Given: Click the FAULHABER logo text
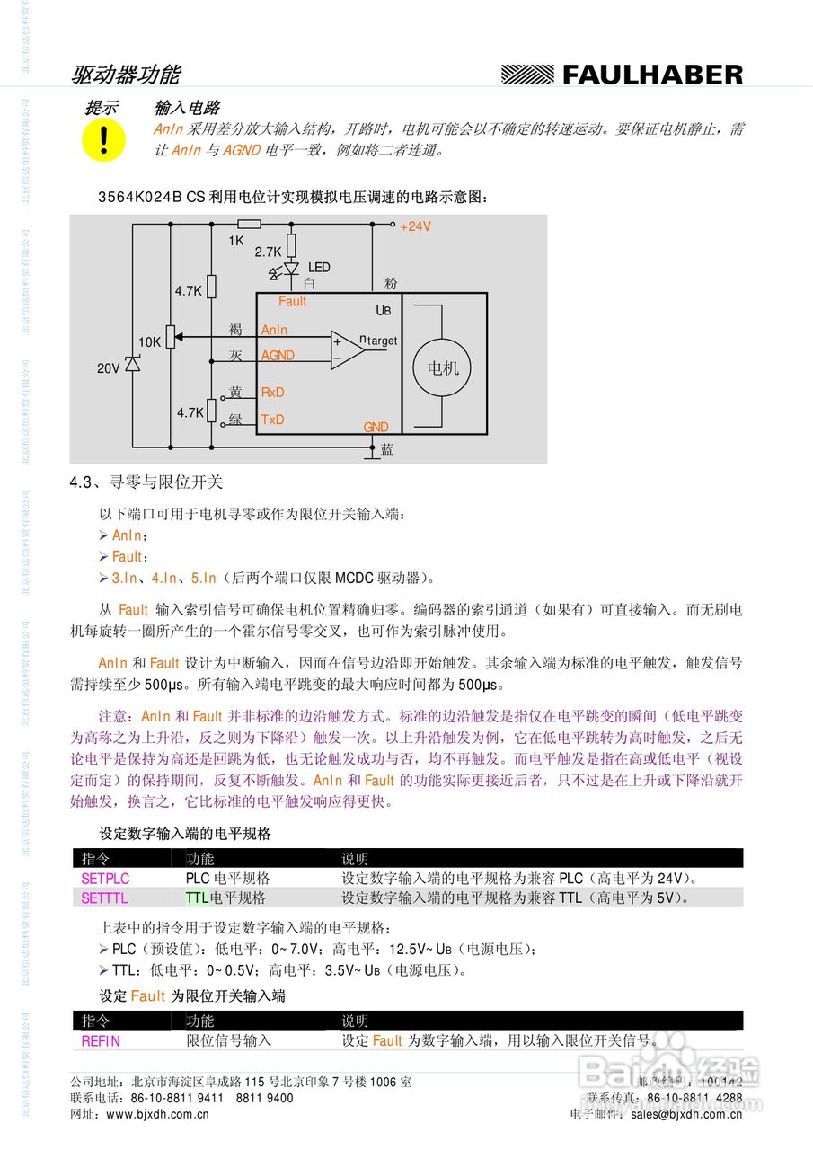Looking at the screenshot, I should click(652, 75).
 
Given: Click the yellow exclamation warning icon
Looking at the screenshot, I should click(103, 139).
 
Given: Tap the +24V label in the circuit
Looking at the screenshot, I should click(415, 226).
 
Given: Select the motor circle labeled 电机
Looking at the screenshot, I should click(442, 368).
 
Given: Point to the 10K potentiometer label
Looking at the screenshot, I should click(149, 342).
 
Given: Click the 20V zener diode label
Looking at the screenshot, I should click(109, 368).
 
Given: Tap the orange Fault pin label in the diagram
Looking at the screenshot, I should click(293, 302).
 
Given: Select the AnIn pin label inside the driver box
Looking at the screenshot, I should click(274, 331).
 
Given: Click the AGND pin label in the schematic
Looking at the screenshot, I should click(278, 356).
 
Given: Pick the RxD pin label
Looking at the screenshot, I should click(272, 393).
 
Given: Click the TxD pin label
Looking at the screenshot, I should click(272, 420).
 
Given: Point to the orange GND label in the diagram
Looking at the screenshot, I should click(376, 428).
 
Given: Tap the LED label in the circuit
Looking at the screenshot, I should click(319, 268).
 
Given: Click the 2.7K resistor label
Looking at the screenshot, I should click(268, 252).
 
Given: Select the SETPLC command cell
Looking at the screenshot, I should click(105, 879).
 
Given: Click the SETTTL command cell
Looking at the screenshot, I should click(104, 898).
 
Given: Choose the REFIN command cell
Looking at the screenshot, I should click(101, 1041).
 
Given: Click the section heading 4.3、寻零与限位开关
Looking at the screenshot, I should click(146, 482).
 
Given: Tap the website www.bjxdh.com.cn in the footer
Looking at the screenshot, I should click(157, 1114).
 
